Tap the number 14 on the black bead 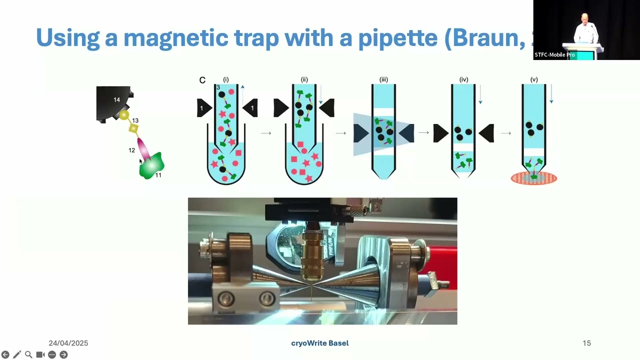click(116, 100)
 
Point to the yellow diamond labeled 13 click(133, 128)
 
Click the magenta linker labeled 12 click(142, 147)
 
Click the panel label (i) click(226, 79)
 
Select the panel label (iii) click(383, 79)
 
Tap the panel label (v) click(533, 79)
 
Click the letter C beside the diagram click(202, 80)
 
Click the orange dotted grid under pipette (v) click(533, 178)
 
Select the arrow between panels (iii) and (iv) click(423, 133)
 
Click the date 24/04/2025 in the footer click(68, 343)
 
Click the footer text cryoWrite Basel click(320, 343)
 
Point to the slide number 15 click(586, 343)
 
